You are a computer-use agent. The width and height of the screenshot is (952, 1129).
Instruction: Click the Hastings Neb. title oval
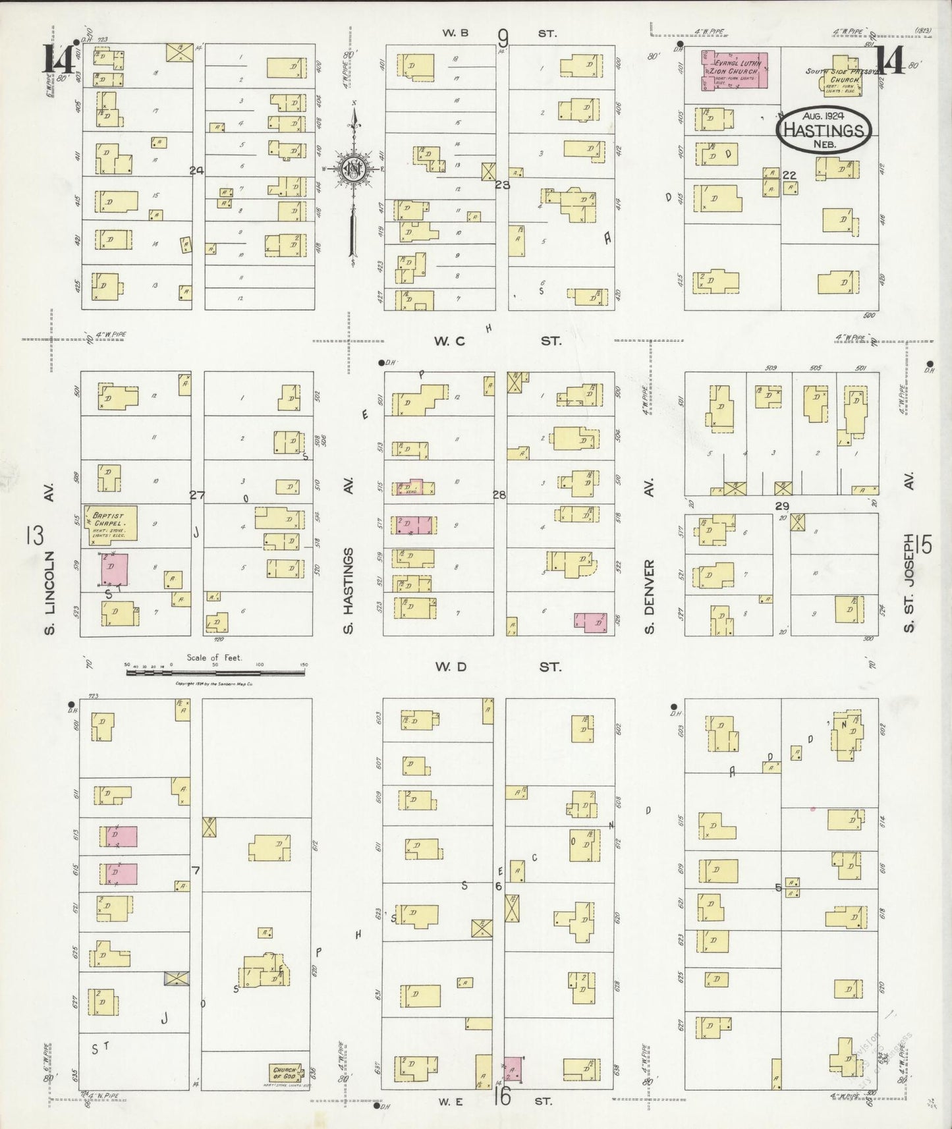tap(824, 130)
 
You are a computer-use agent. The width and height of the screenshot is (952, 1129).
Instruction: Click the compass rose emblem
tap(354, 169)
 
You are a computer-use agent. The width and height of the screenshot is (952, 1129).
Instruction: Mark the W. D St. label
tap(497, 667)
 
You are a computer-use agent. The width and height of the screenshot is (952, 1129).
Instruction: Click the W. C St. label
tap(497, 341)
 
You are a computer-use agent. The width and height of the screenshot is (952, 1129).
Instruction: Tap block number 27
tap(197, 495)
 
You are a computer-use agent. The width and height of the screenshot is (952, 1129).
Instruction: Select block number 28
tap(499, 495)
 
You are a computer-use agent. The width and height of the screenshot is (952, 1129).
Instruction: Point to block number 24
tap(196, 171)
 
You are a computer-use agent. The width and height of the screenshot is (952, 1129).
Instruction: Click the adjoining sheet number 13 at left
tap(35, 536)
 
